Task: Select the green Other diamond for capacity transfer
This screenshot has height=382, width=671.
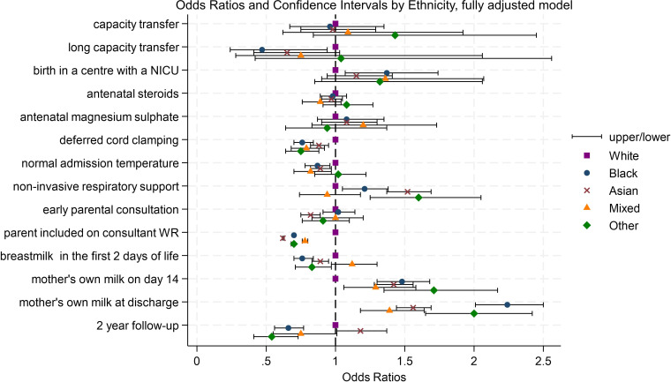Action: (395, 35)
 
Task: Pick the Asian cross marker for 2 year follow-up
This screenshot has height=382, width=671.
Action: (360, 331)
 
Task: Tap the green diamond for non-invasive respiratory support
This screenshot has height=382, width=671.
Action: (418, 198)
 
